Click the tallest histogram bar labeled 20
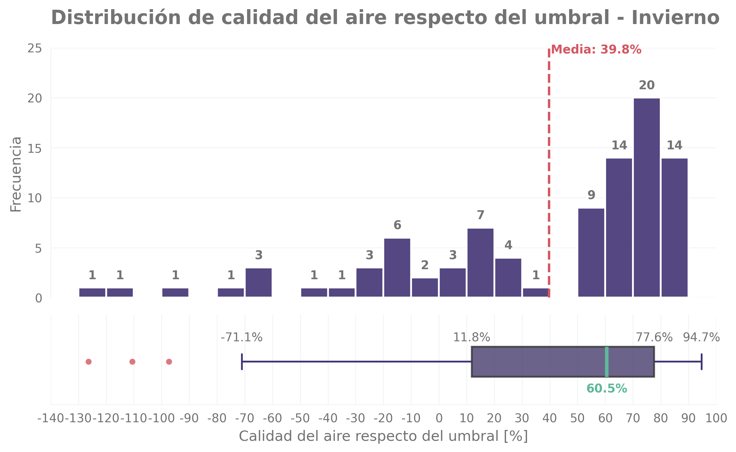[x=647, y=197]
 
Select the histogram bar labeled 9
[x=591, y=253]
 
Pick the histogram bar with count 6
[x=397, y=267]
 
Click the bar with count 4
[x=508, y=277]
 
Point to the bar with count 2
[x=425, y=287]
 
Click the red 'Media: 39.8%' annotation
[x=596, y=49]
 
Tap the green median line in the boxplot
[x=607, y=362]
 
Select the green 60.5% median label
[x=607, y=388]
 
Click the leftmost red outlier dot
[x=88, y=362]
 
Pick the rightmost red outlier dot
[x=169, y=362]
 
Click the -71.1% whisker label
[x=242, y=338]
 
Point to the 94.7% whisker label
[x=701, y=338]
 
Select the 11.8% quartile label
[x=471, y=338]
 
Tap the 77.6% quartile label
[x=654, y=338]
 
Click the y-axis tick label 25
[x=35, y=48]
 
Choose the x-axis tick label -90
[x=189, y=419]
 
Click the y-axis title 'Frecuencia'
[x=15, y=174]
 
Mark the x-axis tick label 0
[x=439, y=419]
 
